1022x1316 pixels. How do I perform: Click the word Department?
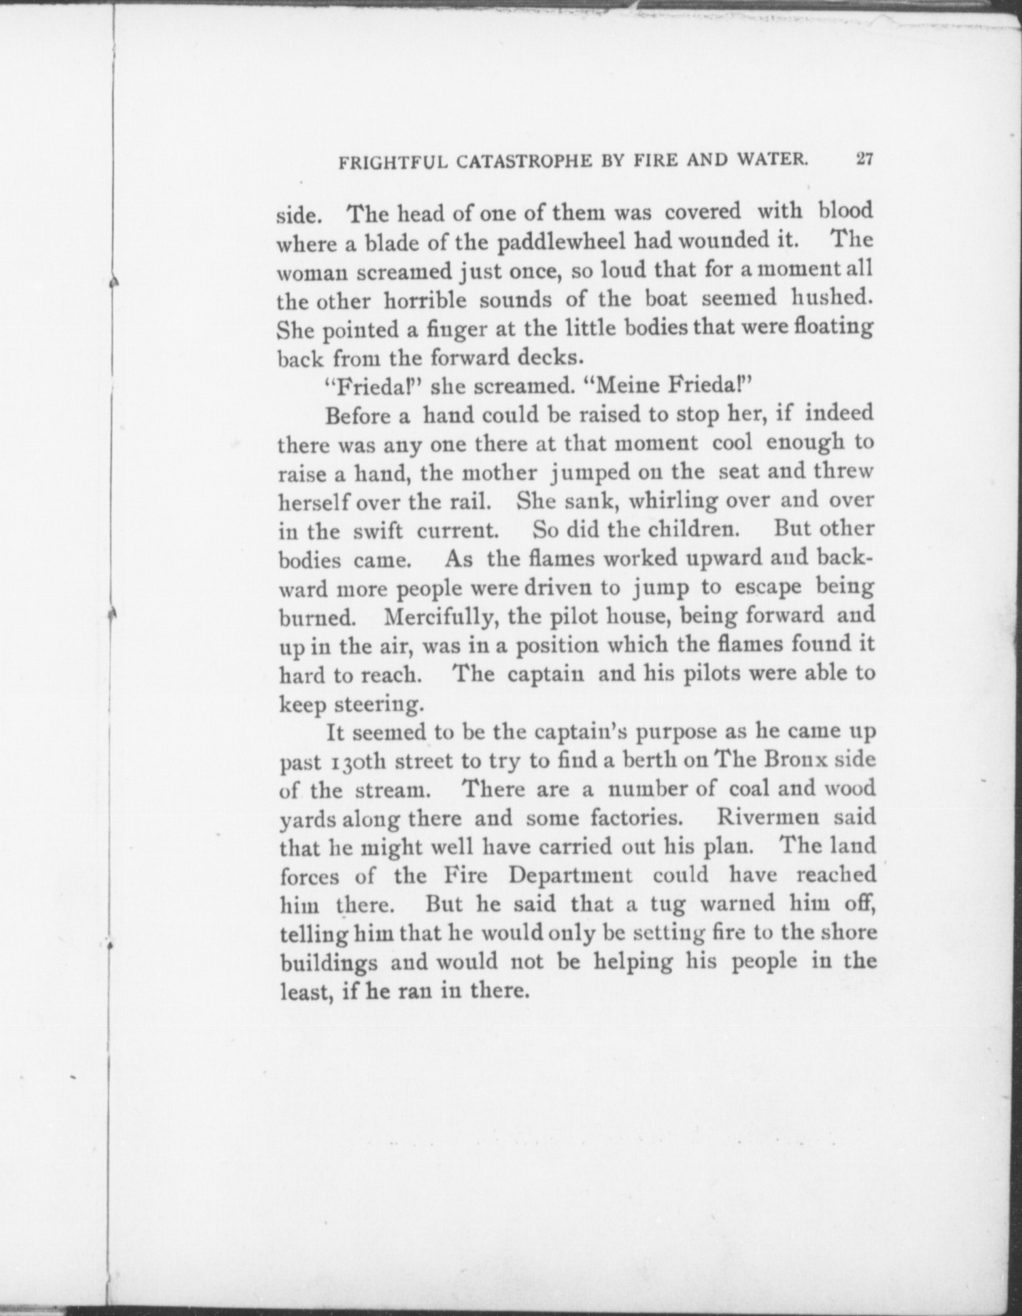coord(570,875)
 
